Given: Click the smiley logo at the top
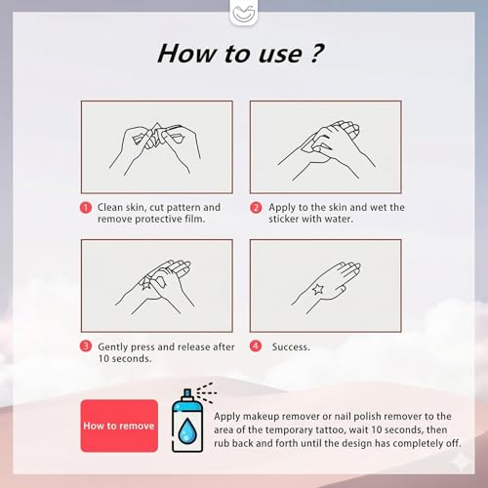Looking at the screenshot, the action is pyautogui.click(x=244, y=14).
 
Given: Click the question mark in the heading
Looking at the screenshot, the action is pyautogui.click(x=316, y=53).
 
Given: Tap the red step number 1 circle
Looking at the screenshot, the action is pyautogui.click(x=86, y=208).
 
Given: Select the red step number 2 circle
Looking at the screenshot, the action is pyautogui.click(x=256, y=208).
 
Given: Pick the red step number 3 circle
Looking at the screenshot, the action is pyautogui.click(x=86, y=346).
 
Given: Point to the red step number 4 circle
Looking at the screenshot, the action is pyautogui.click(x=256, y=346).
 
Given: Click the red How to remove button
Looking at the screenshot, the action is pyautogui.click(x=119, y=426).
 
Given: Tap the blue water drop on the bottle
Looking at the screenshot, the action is pyautogui.click(x=187, y=430).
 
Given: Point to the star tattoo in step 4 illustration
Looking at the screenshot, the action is pyautogui.click(x=317, y=289).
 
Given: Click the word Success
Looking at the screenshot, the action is pyautogui.click(x=291, y=346).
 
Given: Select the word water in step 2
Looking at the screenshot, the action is pyautogui.click(x=339, y=219).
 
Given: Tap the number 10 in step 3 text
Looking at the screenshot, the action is pyautogui.click(x=103, y=359).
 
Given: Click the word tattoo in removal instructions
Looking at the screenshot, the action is pyautogui.click(x=330, y=430).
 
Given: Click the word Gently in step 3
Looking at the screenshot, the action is pyautogui.click(x=112, y=347).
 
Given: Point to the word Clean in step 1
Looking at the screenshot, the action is pyautogui.click(x=110, y=207).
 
